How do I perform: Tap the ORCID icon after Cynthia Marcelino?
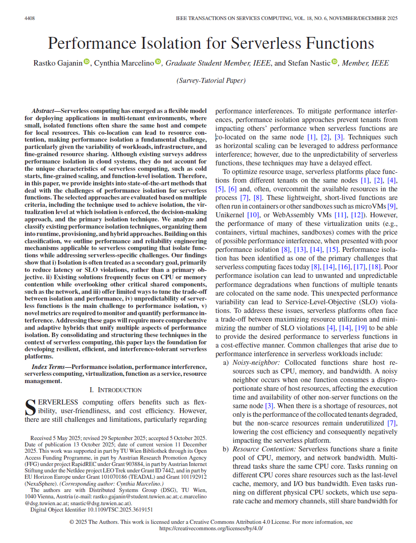[158, 62]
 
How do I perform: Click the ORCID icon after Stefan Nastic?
[334, 62]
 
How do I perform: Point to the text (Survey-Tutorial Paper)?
[211, 81]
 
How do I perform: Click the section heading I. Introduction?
[115, 390]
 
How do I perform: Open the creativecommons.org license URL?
[211, 528]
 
